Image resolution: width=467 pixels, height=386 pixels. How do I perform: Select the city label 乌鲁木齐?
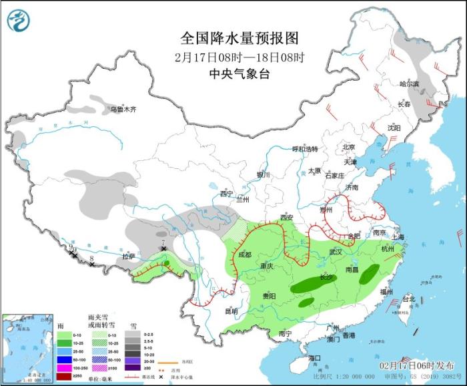tap(123, 109)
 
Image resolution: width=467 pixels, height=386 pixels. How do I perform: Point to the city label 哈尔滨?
tap(409, 84)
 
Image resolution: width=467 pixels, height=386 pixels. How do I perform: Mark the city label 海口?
tap(315, 359)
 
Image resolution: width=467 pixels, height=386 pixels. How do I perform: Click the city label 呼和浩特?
tap(306, 149)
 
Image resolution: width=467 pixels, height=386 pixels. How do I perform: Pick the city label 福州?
tap(387, 292)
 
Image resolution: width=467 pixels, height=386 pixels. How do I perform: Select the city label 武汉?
tap(335, 252)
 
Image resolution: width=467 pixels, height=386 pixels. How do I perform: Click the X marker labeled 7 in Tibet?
tap(163, 248)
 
